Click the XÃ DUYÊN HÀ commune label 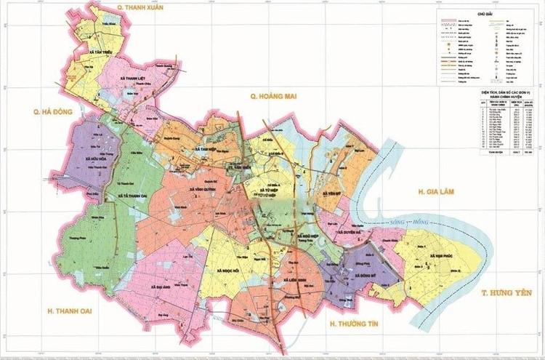click(x=352, y=234)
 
